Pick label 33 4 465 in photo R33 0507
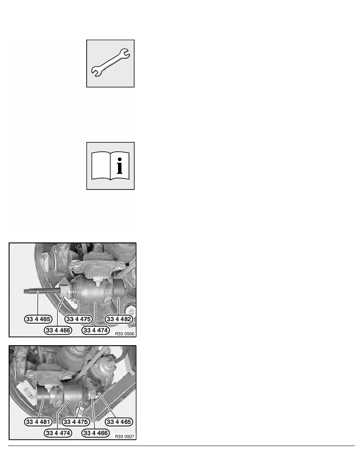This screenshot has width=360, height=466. [x=119, y=422]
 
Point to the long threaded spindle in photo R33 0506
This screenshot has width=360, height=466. [x=39, y=292]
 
